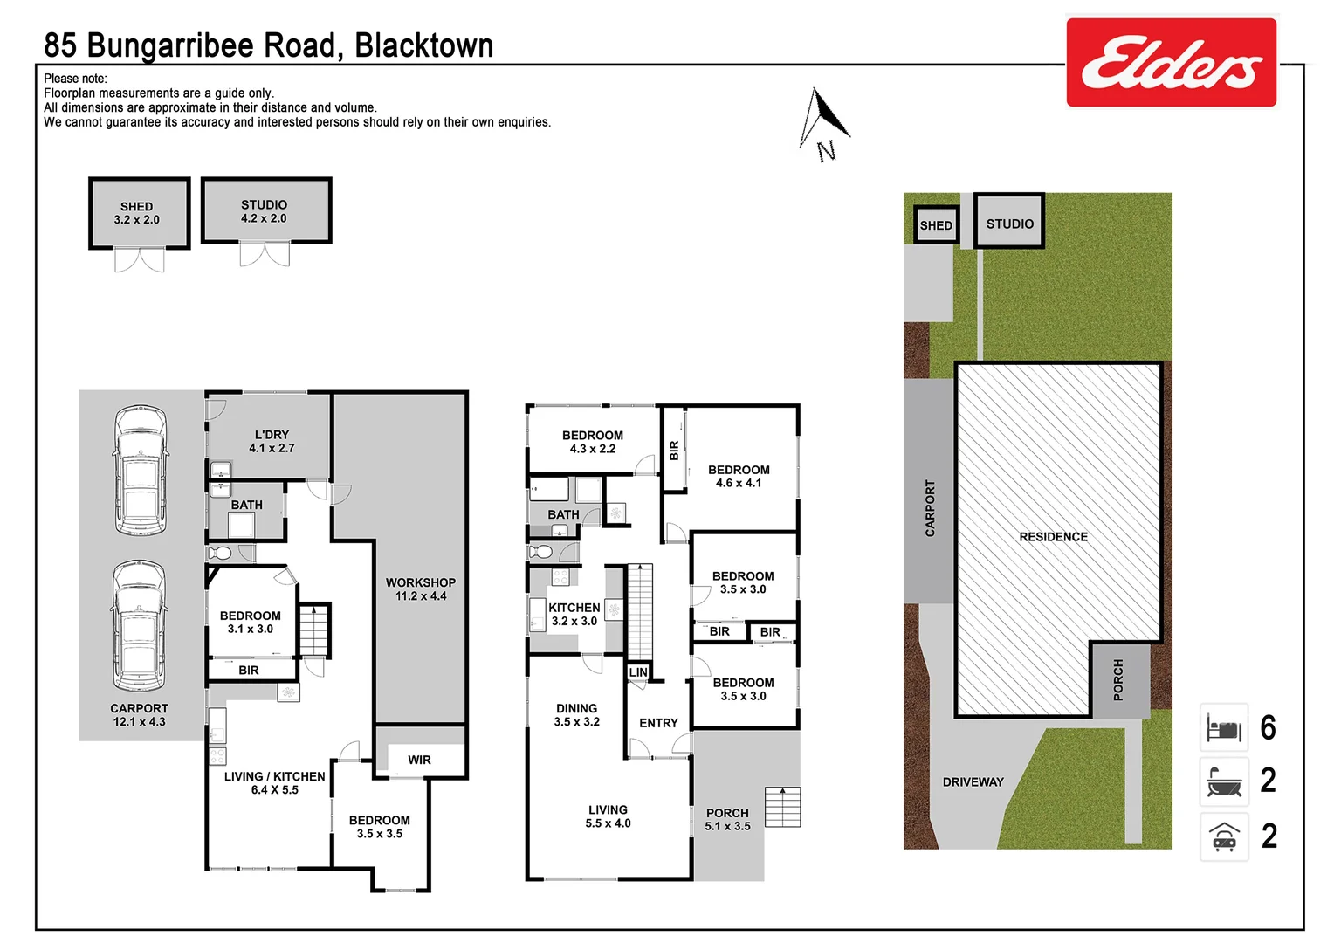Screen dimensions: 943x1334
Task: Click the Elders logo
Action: [x=1171, y=63]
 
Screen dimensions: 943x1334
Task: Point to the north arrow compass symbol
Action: [x=822, y=123]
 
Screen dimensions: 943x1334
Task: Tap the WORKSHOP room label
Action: [x=421, y=589]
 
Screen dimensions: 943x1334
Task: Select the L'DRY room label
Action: [x=272, y=441]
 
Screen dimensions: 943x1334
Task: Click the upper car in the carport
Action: [x=140, y=471]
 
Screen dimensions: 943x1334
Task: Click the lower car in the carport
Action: [x=140, y=625]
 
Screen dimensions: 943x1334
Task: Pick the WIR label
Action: [x=420, y=760]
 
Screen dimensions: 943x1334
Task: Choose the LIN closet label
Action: [x=638, y=672]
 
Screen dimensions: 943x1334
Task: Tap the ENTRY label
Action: [x=658, y=723]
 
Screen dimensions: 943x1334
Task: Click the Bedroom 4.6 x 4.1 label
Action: [x=739, y=476]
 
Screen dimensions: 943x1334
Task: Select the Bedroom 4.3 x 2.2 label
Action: [x=593, y=442]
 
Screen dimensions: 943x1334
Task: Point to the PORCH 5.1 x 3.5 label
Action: [x=727, y=819]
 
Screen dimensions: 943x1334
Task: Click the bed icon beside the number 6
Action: [x=1224, y=727]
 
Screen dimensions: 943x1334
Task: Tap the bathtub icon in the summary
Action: [x=1224, y=781]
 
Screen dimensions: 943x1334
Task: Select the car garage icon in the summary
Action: [x=1224, y=836]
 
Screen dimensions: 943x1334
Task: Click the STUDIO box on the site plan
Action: [x=1009, y=222]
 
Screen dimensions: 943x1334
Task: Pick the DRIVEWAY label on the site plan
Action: [x=973, y=782]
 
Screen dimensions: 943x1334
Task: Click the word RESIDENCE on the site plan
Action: [x=1053, y=537]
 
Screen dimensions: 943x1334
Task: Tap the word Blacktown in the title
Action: [x=423, y=45]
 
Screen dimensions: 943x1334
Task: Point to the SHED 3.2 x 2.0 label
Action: [x=137, y=213]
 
